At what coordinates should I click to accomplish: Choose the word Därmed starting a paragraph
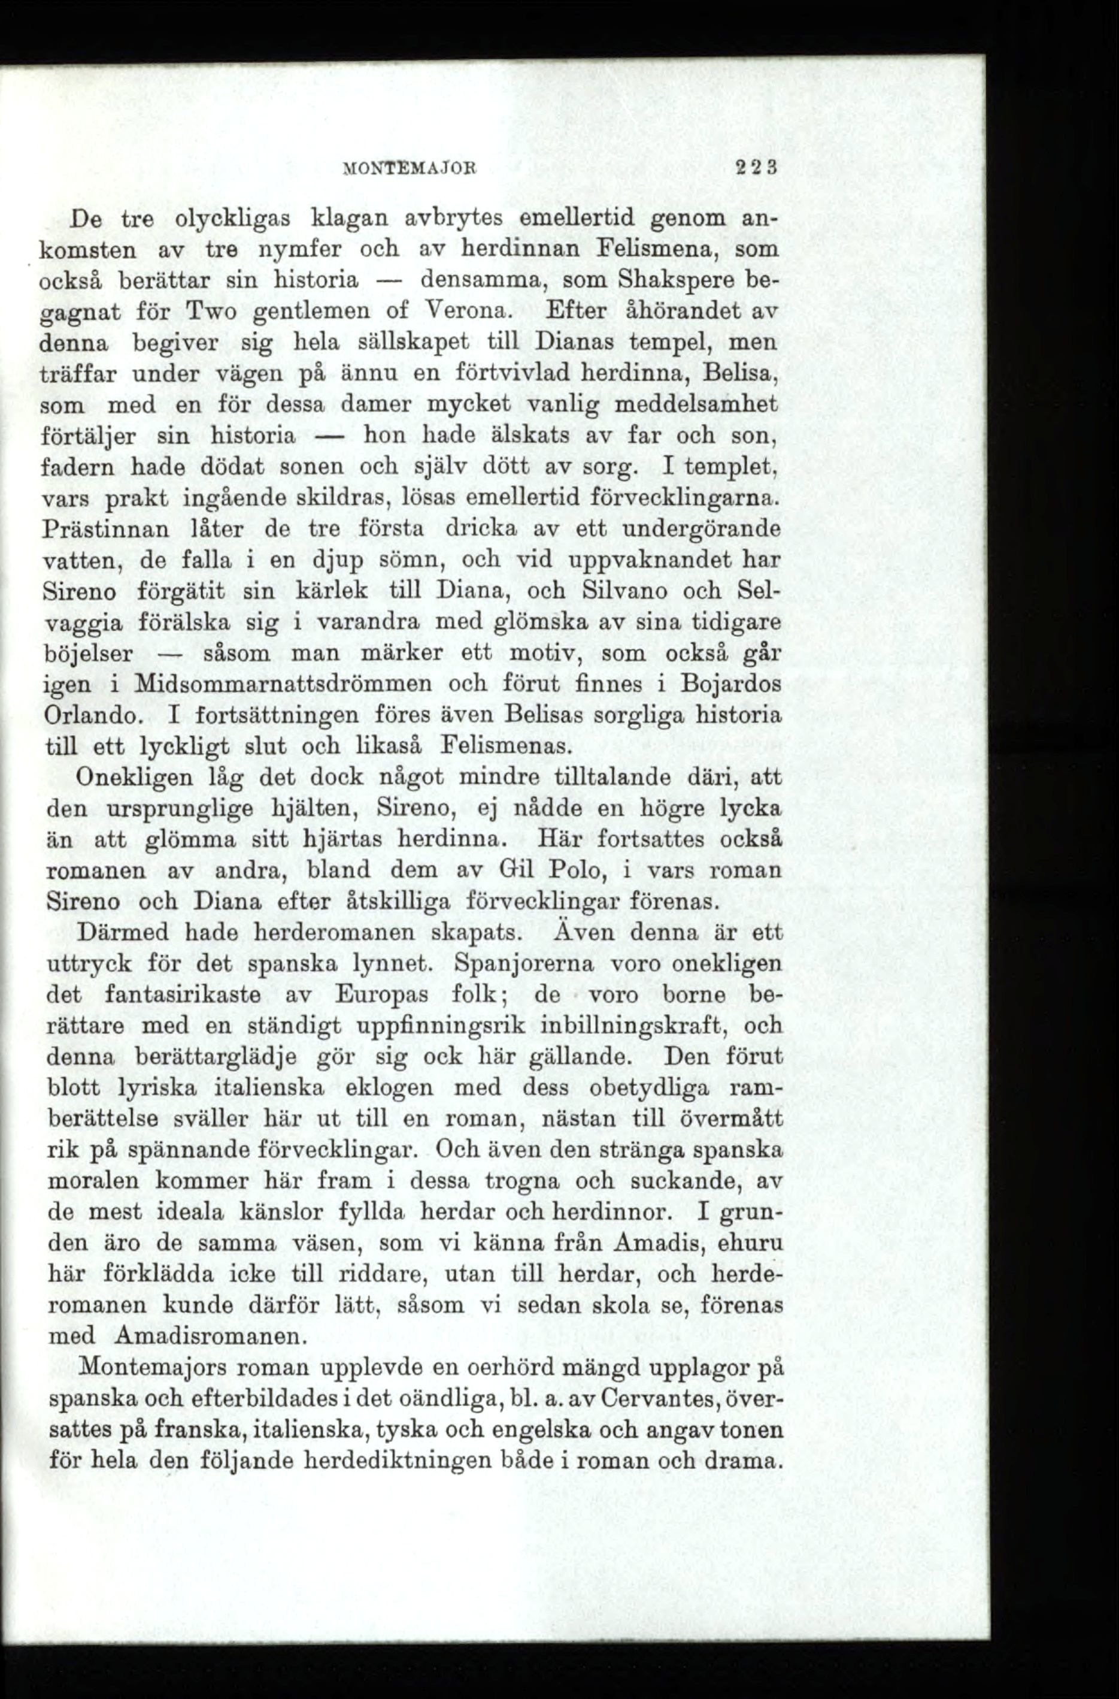pyautogui.click(x=123, y=932)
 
